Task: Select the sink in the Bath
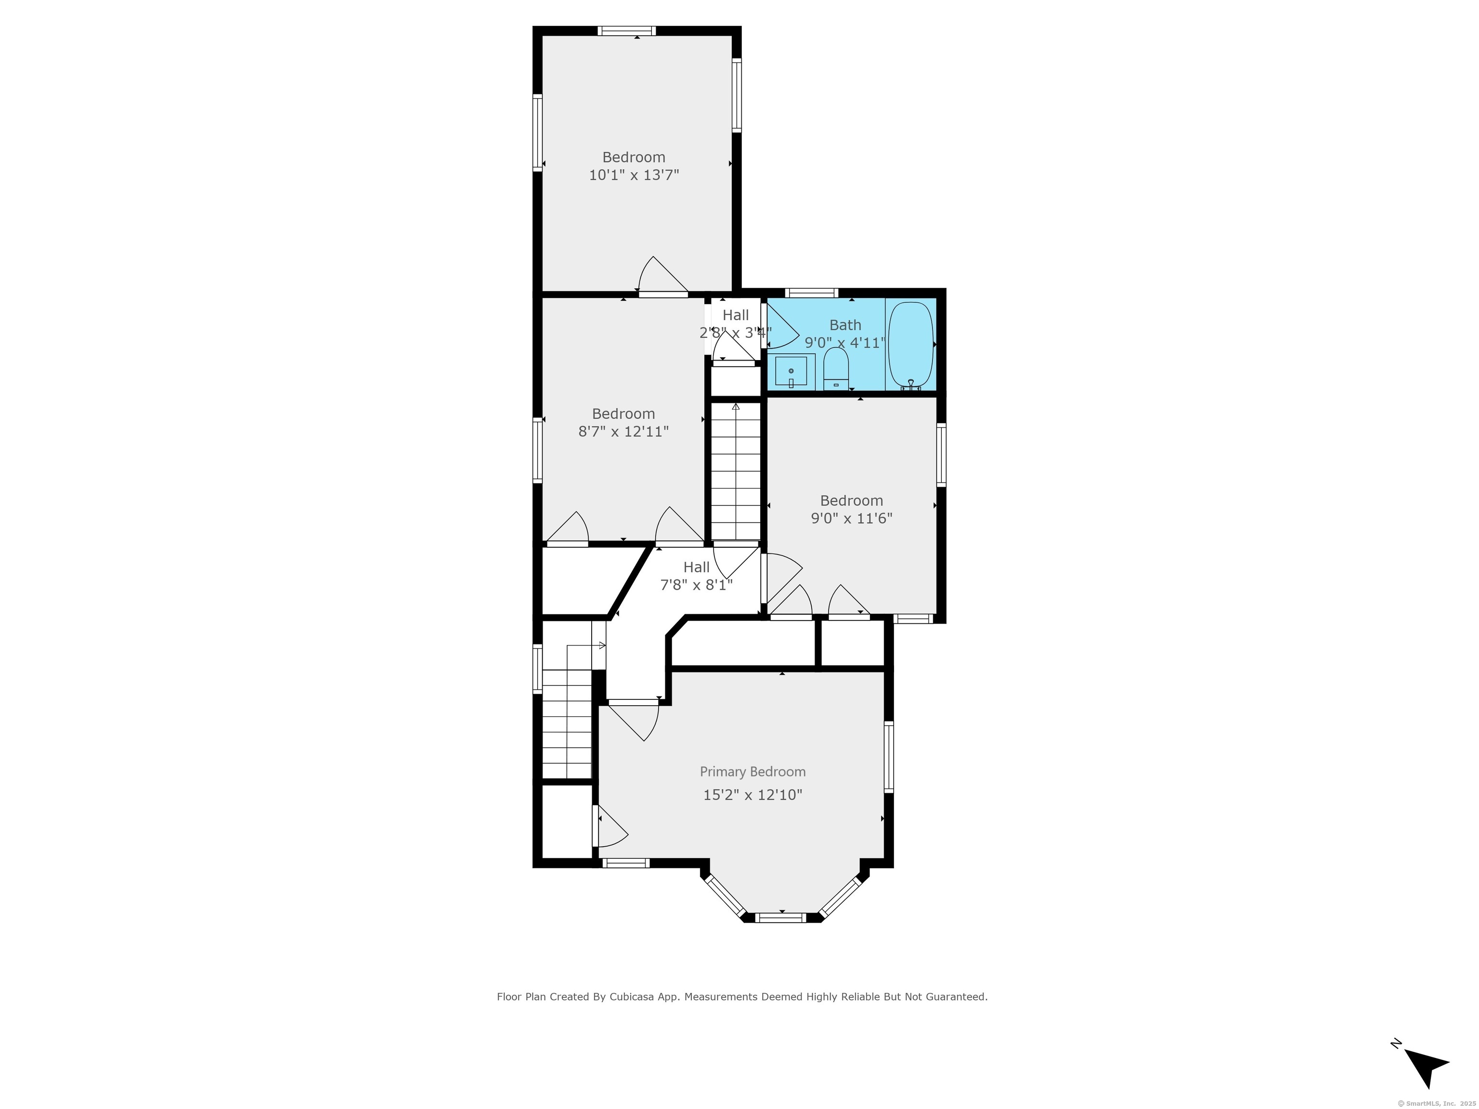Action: tap(791, 371)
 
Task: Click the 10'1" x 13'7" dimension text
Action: tap(634, 175)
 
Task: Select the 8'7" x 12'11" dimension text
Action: tap(623, 431)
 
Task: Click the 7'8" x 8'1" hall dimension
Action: tap(696, 585)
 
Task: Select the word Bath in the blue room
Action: tap(845, 325)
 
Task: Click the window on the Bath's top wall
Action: tap(811, 292)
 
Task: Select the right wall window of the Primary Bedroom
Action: tap(889, 757)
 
